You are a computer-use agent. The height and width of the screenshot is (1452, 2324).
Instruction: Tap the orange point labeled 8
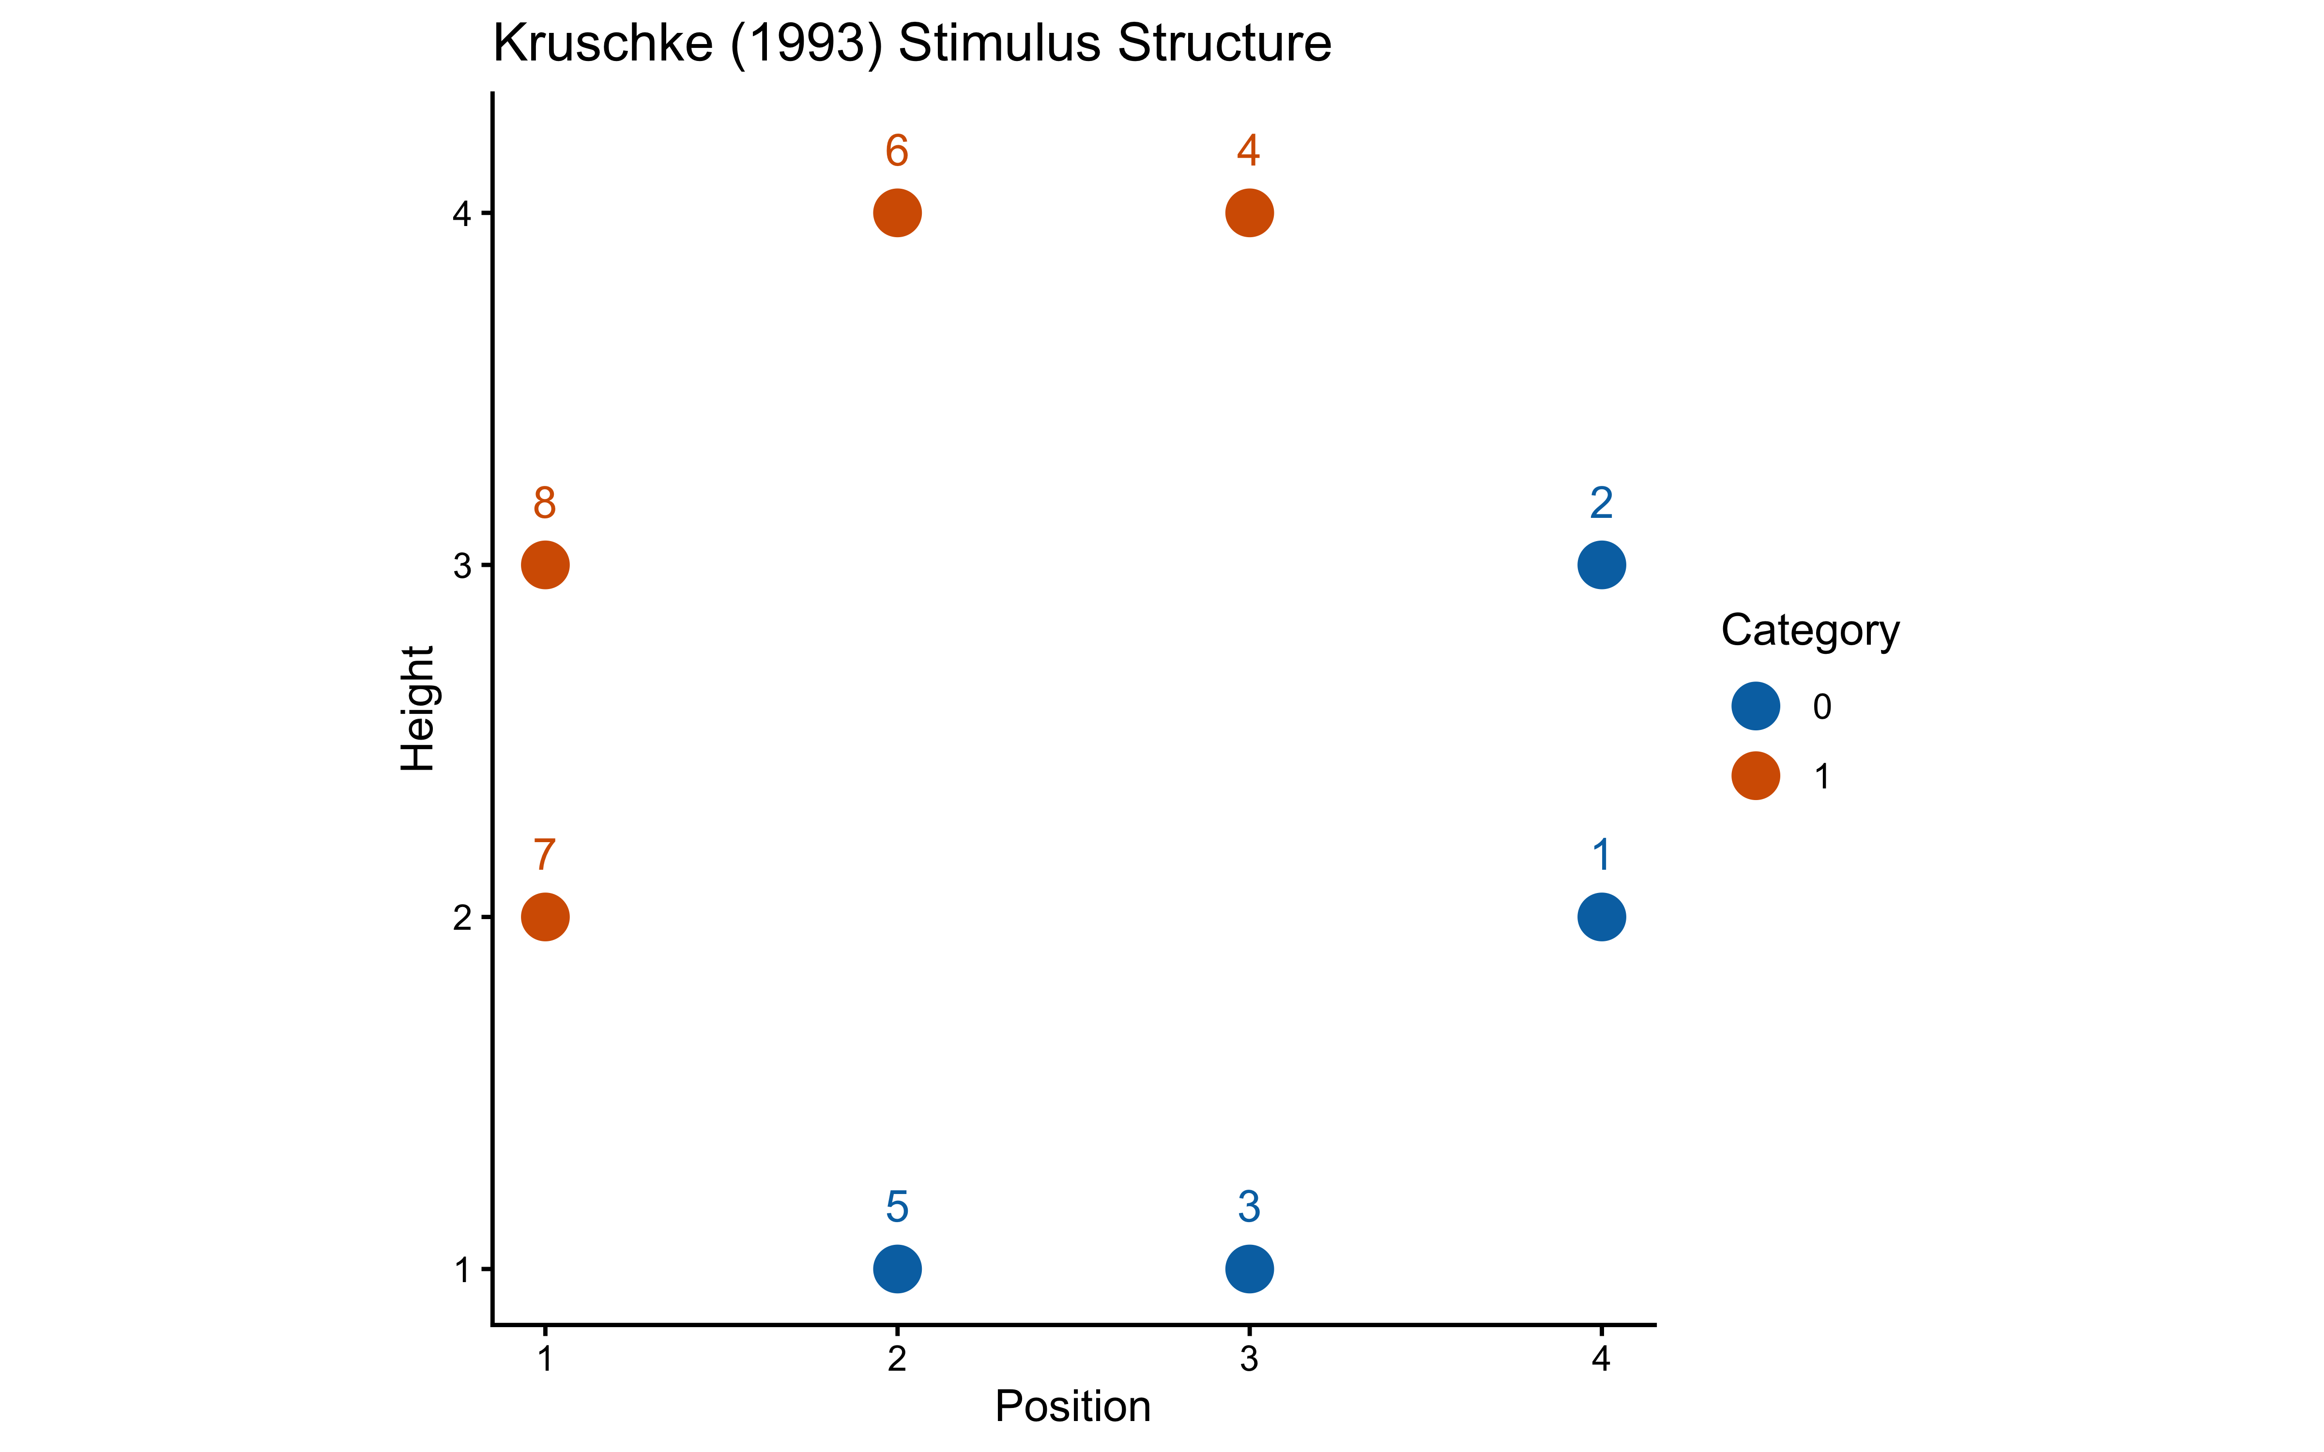pos(545,565)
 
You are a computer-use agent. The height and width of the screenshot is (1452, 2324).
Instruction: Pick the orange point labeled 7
pos(545,917)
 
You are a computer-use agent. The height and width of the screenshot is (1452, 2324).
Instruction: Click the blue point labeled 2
pos(1601,565)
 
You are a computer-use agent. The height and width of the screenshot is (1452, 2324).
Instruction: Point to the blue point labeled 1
pos(1601,917)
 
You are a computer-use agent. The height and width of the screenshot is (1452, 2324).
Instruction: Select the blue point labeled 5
pos(897,1269)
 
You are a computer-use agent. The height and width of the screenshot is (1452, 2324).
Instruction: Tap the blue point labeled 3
pos(1249,1269)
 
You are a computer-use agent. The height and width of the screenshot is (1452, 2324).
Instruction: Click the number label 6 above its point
pos(897,151)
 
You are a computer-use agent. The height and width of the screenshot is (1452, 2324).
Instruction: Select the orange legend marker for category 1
pos(1756,776)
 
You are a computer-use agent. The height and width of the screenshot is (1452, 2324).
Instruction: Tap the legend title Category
pos(1809,631)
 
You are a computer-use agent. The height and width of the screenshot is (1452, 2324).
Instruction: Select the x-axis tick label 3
pos(1249,1359)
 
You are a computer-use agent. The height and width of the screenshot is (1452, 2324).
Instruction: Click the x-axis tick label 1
pos(545,1359)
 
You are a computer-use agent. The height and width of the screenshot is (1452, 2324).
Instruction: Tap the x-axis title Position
pos(1073,1407)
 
